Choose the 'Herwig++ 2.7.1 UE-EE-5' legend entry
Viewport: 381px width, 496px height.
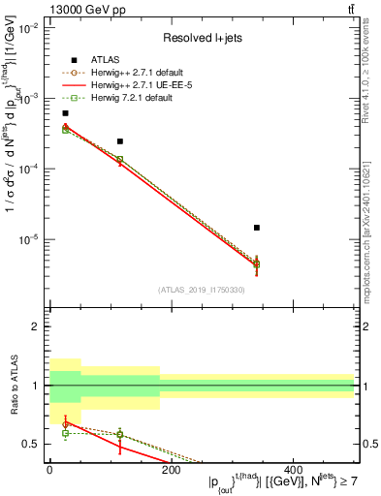pyautogui.click(x=134, y=85)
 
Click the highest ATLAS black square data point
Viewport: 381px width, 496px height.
pyautogui.click(x=65, y=113)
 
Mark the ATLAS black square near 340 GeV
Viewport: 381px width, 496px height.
pyautogui.click(x=256, y=228)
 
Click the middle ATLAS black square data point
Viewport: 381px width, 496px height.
pyautogui.click(x=120, y=141)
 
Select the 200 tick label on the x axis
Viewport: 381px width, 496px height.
pyautogui.click(x=170, y=469)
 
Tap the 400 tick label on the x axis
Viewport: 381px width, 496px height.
pyautogui.click(x=292, y=469)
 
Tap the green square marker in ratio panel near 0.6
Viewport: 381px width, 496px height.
pyautogui.click(x=65, y=433)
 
